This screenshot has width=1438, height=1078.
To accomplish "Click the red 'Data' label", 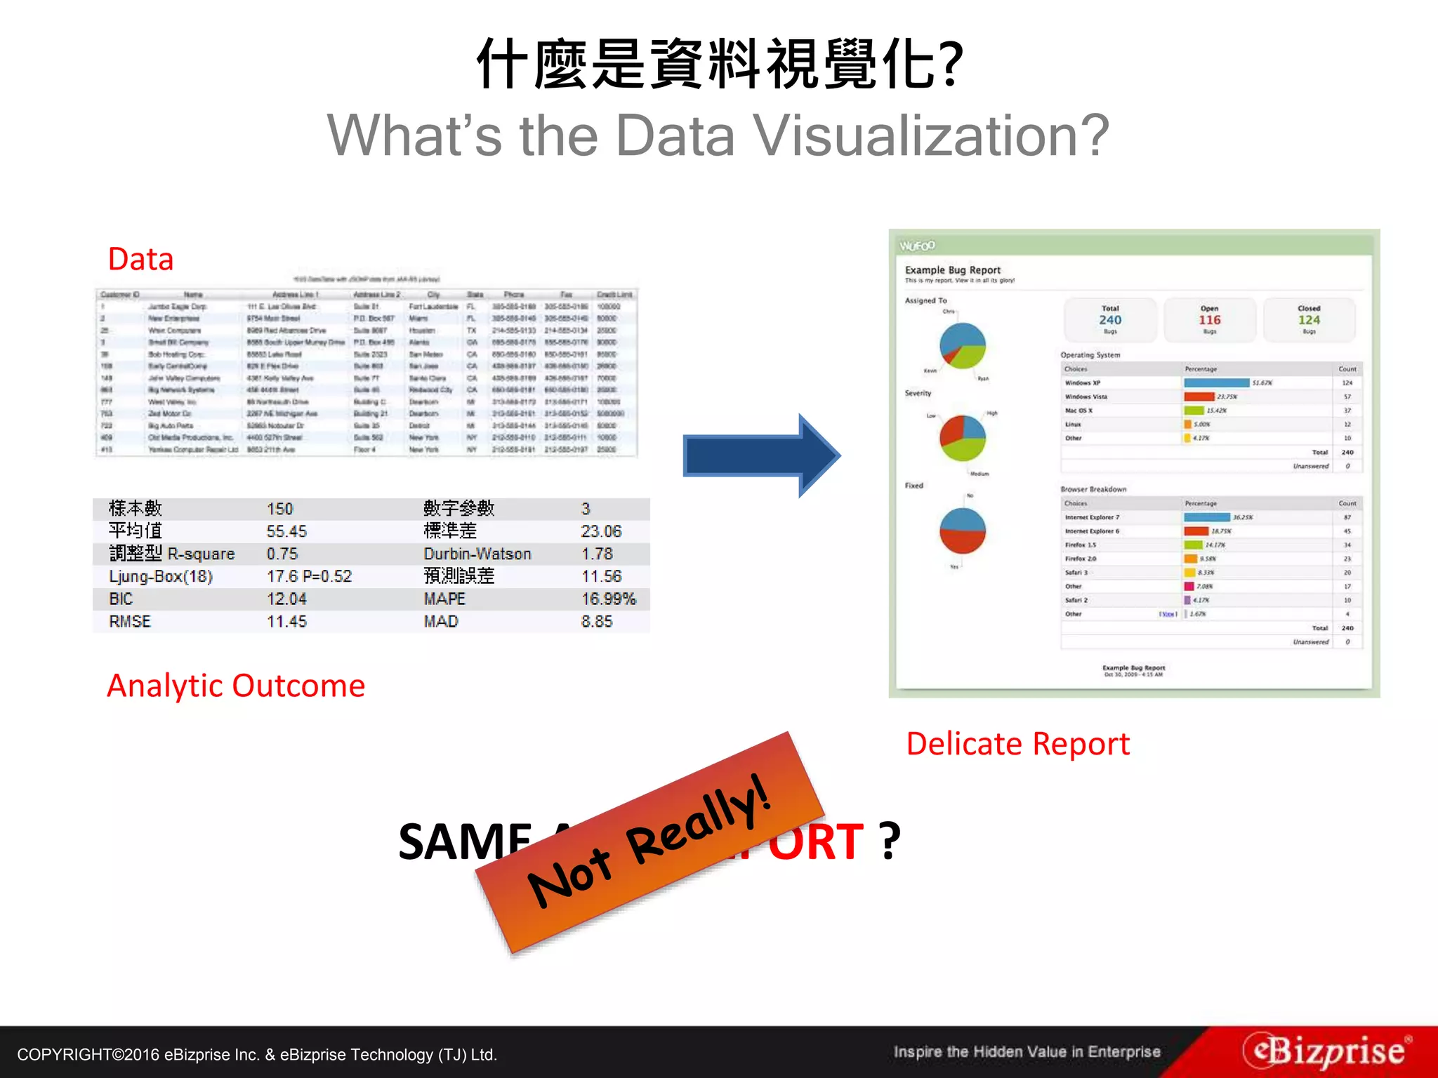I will point(140,259).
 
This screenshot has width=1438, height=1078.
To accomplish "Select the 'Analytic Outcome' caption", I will point(236,686).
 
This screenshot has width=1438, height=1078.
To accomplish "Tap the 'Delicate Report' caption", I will point(1017,744).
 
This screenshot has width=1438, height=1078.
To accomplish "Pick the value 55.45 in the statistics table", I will point(286,531).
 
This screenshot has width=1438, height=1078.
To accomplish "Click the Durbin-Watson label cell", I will point(477,554).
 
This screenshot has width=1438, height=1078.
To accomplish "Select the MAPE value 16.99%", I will point(608,599).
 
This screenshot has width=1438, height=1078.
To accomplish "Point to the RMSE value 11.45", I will point(286,621).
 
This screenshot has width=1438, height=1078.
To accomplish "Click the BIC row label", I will point(121,599).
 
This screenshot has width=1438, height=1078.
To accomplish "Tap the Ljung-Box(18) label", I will point(161,576).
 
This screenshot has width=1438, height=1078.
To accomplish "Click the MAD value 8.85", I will point(597,621).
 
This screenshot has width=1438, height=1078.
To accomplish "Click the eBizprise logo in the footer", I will point(1326,1051).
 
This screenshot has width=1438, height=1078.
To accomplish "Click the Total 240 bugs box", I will point(1110,320).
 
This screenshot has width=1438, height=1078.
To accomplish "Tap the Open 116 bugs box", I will point(1209,320).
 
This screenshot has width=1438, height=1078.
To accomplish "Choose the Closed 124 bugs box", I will point(1309,320).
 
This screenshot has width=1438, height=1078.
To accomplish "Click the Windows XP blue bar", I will point(1216,382).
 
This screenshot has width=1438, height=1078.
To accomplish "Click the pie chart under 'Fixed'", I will point(963,531).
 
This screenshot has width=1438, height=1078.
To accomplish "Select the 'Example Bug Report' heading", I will point(953,270).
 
